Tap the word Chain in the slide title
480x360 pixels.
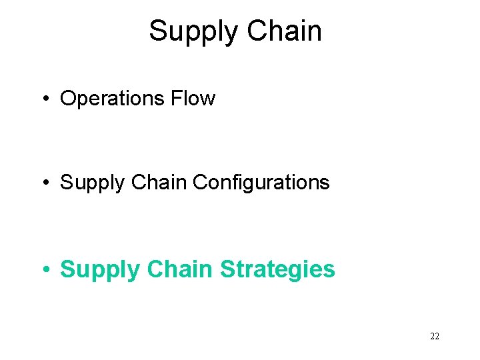[285, 31]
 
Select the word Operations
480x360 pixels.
[112, 99]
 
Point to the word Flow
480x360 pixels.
[193, 99]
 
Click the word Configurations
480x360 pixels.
[261, 182]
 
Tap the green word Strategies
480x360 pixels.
[277, 270]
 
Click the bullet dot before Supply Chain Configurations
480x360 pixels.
[45, 183]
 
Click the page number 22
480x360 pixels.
[435, 337]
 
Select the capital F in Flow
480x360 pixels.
[176, 99]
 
